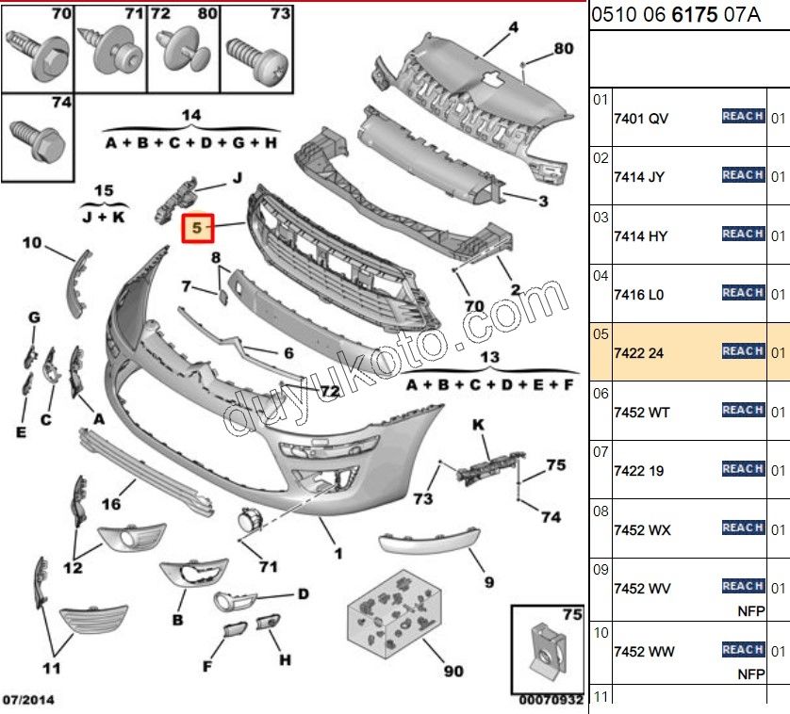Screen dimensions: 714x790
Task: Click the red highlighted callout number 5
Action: pyautogui.click(x=197, y=227)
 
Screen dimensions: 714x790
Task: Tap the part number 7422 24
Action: pyautogui.click(x=639, y=353)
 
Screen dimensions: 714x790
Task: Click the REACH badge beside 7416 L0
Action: pyautogui.click(x=742, y=293)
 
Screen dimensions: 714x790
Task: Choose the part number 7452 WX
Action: pyautogui.click(x=642, y=530)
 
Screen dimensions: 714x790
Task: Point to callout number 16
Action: pyautogui.click(x=111, y=504)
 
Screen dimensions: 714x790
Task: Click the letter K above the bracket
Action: pyautogui.click(x=478, y=426)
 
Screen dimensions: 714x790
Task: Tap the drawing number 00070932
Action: pyautogui.click(x=551, y=701)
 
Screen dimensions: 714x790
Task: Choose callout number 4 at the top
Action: pyautogui.click(x=514, y=27)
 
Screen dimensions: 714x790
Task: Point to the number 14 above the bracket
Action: pyautogui.click(x=191, y=115)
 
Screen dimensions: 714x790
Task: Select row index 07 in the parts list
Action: pyautogui.click(x=601, y=452)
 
